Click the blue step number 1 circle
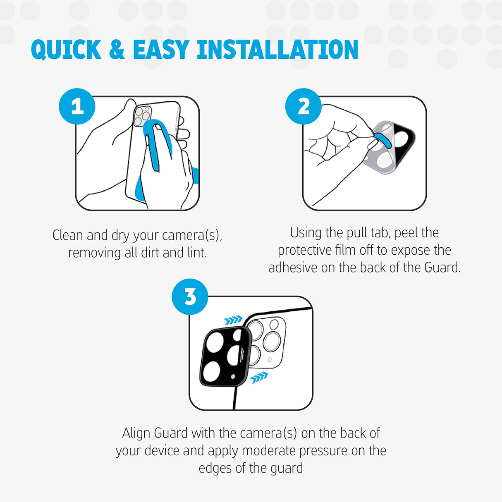(x=77, y=106)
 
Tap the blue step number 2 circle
(x=304, y=106)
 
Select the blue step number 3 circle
(x=190, y=296)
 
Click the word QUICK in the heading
(x=66, y=50)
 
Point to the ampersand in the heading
(x=117, y=50)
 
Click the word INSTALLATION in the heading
(x=277, y=50)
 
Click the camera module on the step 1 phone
(x=142, y=116)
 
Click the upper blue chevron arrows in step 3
(x=233, y=320)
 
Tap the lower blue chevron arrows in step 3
(x=259, y=377)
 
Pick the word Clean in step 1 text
(x=68, y=235)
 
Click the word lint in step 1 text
(x=196, y=253)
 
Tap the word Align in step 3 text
(x=136, y=433)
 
